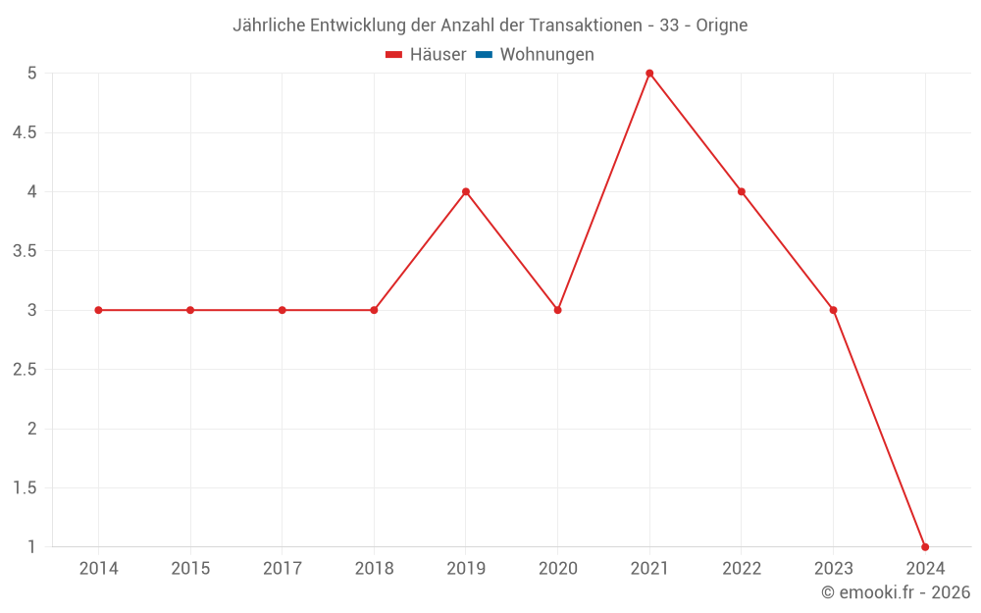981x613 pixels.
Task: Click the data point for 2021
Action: (x=649, y=74)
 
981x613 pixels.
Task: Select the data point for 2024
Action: (x=925, y=546)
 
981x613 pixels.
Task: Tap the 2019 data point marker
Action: (x=466, y=191)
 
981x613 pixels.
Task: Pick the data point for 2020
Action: (x=557, y=310)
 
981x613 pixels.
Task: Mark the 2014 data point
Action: (x=98, y=310)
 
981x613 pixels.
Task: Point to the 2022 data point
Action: (x=742, y=191)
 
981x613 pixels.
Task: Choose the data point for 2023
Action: (x=833, y=310)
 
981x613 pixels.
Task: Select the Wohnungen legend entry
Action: (x=546, y=55)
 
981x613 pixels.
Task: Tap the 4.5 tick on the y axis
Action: (x=25, y=132)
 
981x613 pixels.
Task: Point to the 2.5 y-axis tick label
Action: (x=25, y=370)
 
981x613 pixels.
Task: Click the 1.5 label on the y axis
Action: (x=25, y=487)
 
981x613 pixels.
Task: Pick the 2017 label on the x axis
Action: (x=282, y=568)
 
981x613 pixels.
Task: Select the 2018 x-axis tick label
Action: (x=374, y=568)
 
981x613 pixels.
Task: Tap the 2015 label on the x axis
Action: (x=190, y=568)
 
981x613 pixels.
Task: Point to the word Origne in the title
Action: (x=722, y=26)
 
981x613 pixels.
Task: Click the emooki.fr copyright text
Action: (x=896, y=592)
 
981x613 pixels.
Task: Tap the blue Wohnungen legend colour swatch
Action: (x=484, y=55)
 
